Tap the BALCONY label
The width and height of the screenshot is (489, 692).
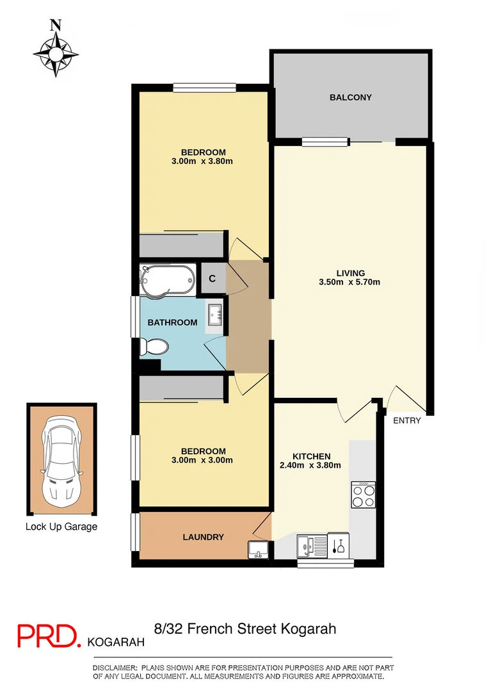coord(350,97)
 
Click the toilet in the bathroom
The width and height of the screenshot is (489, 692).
coord(154,347)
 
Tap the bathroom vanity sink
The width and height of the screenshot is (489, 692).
coord(214,314)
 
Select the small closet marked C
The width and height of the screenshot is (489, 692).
coord(212,279)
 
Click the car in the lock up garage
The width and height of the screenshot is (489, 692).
coord(61,459)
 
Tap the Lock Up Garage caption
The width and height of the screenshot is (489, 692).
coord(61,527)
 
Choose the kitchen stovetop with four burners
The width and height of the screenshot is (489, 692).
coord(363,495)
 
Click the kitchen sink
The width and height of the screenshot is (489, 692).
coord(312,547)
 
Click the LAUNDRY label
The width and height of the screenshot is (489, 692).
coord(203,537)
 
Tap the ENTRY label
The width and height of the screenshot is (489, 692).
coord(406,421)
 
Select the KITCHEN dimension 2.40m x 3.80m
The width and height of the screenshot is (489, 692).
coord(310,465)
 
